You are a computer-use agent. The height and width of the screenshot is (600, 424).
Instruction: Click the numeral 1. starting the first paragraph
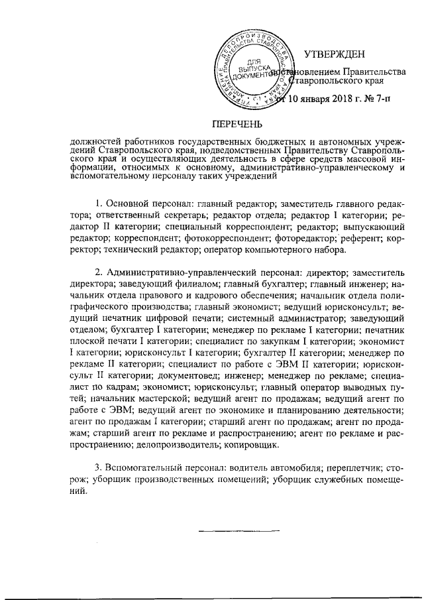[x=99, y=202]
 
